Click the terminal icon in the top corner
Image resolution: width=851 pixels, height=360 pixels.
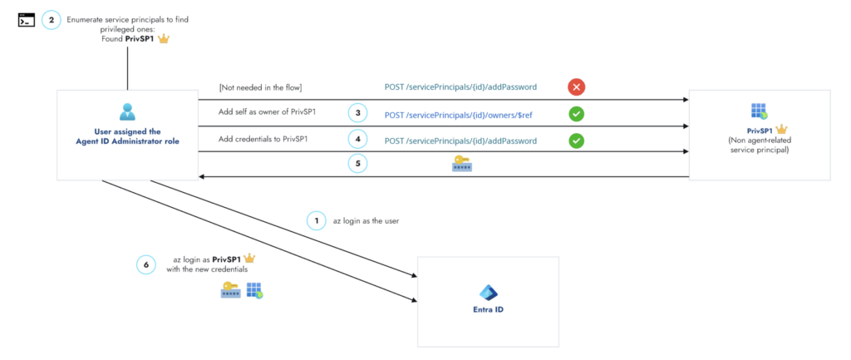click(x=27, y=20)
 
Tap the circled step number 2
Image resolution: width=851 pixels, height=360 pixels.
click(x=52, y=19)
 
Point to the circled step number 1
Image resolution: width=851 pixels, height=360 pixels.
click(x=316, y=220)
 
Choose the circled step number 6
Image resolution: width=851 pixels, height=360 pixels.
click(x=146, y=264)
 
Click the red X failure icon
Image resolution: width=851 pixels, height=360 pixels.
click(x=575, y=86)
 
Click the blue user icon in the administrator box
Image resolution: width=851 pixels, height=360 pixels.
click(x=127, y=111)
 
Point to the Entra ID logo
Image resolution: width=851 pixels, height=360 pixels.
click(x=488, y=292)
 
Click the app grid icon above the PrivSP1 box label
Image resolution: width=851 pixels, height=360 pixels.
click(x=757, y=111)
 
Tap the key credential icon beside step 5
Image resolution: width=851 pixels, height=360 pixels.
click(x=463, y=165)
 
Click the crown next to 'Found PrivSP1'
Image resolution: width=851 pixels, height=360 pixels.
click(x=164, y=39)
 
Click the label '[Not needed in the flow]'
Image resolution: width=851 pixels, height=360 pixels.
click(x=260, y=86)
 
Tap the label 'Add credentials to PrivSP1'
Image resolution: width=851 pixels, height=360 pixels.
click(x=263, y=138)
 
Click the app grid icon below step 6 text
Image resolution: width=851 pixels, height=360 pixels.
click(x=254, y=290)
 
